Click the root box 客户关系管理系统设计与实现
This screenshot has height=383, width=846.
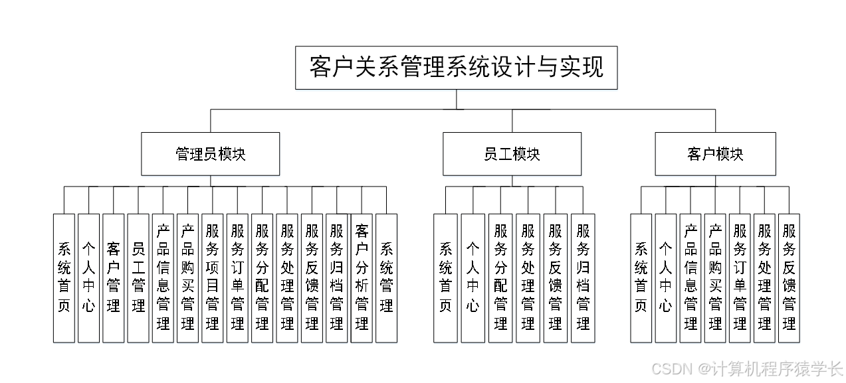tap(456, 67)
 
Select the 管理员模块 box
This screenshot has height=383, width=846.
tap(210, 154)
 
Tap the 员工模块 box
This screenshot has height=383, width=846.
tap(512, 154)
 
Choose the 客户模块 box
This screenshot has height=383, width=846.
tap(715, 154)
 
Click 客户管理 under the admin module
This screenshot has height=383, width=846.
tap(114, 277)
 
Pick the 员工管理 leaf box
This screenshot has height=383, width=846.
tap(138, 277)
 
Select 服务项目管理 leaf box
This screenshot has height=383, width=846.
tap(213, 277)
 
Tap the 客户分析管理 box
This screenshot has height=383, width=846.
tap(362, 277)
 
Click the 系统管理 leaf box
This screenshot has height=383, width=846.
tap(386, 277)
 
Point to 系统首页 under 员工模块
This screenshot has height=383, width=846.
tap(445, 277)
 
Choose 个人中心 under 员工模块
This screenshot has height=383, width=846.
tap(473, 277)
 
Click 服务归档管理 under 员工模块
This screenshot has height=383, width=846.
tap(583, 277)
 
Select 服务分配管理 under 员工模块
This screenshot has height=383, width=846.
tap(500, 277)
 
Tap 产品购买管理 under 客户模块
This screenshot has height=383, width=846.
tap(715, 277)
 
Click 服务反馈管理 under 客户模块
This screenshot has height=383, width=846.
tap(789, 277)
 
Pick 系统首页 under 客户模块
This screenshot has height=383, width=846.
tap(641, 277)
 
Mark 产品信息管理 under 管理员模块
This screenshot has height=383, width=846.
tap(163, 277)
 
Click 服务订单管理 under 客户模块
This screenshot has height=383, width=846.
tap(740, 277)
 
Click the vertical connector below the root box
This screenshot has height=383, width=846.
tap(456, 99)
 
